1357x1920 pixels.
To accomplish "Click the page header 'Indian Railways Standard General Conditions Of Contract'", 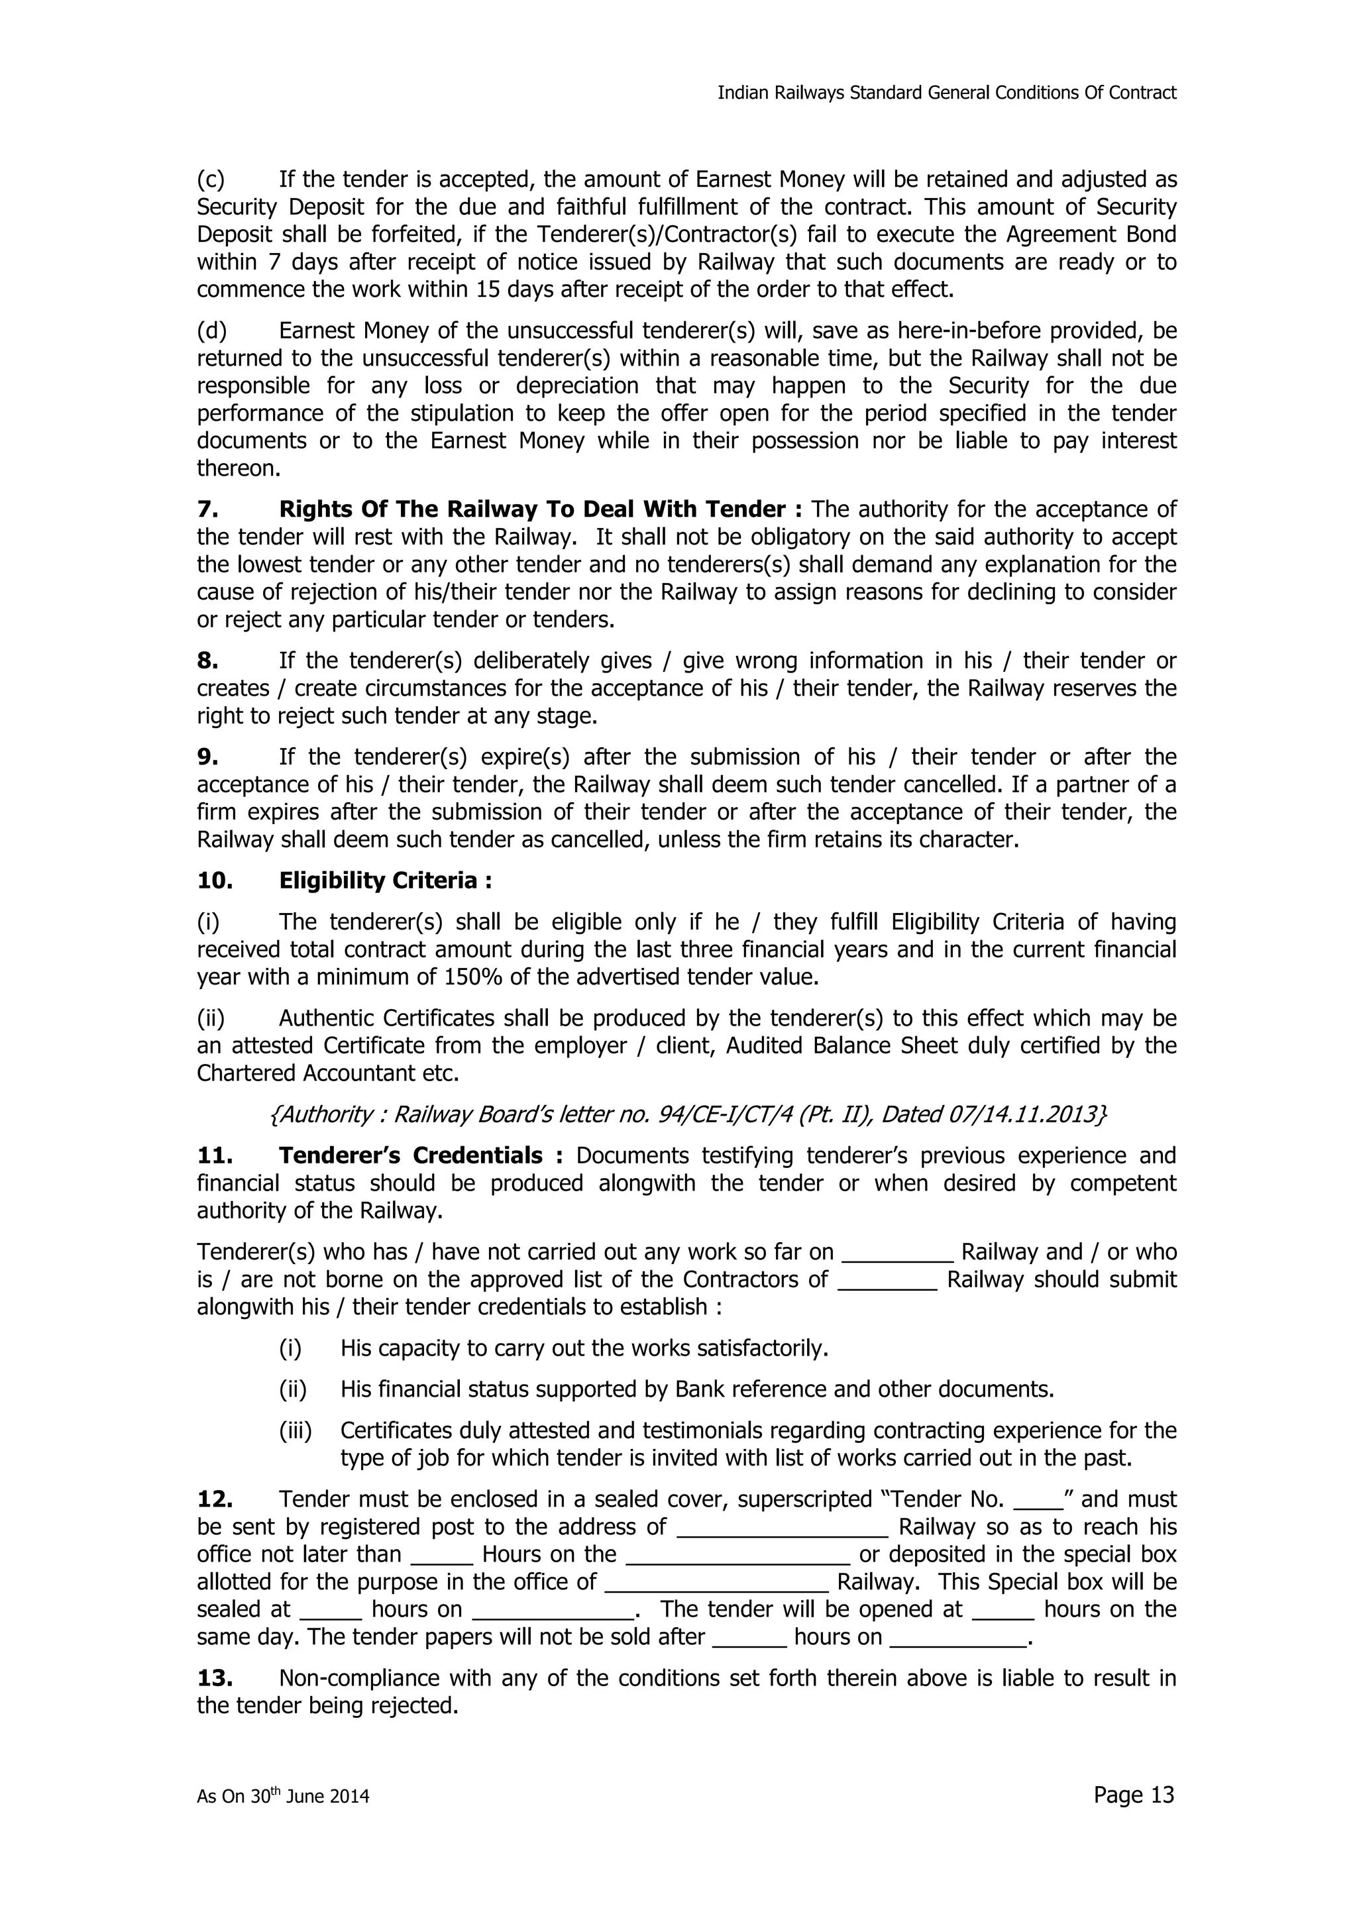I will tap(946, 93).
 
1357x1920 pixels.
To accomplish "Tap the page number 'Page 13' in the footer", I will tap(1133, 1795).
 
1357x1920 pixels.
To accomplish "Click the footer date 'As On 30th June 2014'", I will tap(283, 1796).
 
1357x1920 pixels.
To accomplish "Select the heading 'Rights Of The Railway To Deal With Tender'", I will tap(532, 509).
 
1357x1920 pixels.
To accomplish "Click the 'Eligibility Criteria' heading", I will tap(384, 880).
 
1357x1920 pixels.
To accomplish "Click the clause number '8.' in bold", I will tap(207, 661).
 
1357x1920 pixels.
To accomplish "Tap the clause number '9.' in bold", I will tap(207, 757).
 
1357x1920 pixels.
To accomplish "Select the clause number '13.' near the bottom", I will tap(214, 1678).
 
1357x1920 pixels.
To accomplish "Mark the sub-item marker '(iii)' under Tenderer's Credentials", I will tap(294, 1431).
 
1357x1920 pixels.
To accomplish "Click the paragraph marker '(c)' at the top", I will tap(211, 180).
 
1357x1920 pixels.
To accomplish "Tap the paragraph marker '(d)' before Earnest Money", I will tap(211, 331).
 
